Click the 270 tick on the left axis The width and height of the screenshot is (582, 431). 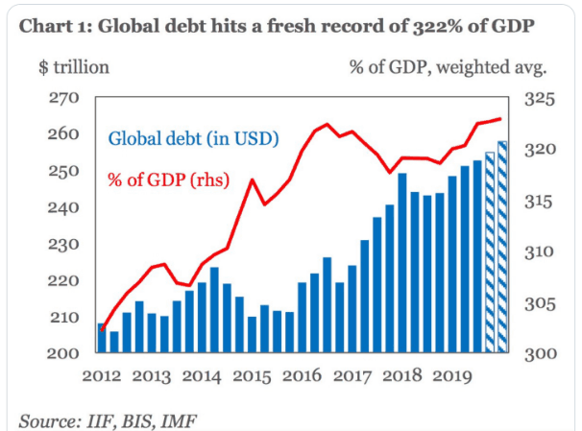(x=64, y=98)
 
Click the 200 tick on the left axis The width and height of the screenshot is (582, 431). (x=64, y=353)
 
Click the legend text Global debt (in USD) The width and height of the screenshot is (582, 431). (x=193, y=138)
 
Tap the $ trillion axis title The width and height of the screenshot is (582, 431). (x=74, y=67)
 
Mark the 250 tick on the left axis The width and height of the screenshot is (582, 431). (x=64, y=171)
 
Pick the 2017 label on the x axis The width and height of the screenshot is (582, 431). (x=352, y=377)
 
